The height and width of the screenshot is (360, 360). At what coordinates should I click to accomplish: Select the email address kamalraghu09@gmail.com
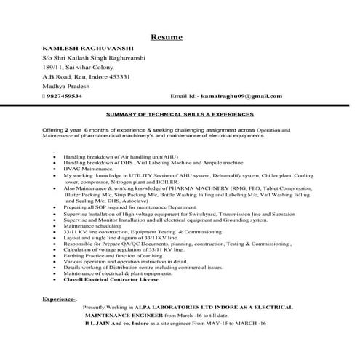click(x=241, y=95)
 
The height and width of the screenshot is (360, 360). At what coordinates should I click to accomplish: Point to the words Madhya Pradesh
click(x=68, y=86)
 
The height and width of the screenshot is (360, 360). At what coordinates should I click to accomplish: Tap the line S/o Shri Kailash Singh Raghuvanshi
click(x=94, y=57)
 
